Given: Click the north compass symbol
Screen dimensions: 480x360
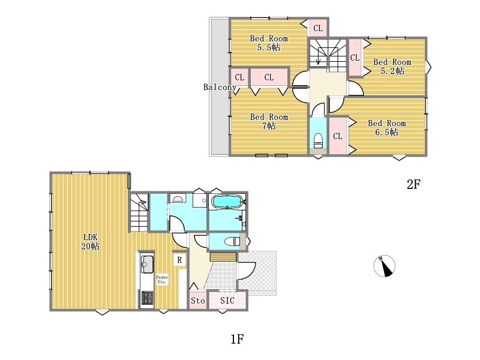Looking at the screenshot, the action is click(384, 266).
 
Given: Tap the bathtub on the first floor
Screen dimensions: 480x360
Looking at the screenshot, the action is click(227, 202).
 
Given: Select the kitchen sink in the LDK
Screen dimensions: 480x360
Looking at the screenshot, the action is click(147, 264).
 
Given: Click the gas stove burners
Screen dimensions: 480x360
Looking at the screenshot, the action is click(147, 298).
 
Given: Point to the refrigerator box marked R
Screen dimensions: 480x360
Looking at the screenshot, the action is click(179, 260).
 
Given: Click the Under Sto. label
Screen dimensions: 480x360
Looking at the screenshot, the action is click(162, 279).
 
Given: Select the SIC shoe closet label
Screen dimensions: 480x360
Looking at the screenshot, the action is click(227, 301).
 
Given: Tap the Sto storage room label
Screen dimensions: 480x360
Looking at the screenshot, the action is click(198, 301).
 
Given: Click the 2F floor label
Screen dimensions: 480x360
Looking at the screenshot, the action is click(413, 184).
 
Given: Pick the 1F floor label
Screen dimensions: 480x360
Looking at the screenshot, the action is click(237, 339).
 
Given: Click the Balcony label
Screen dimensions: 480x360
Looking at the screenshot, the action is click(220, 87).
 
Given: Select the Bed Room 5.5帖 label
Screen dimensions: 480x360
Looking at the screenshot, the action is click(269, 43).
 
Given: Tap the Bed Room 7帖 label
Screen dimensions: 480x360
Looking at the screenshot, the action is click(269, 121).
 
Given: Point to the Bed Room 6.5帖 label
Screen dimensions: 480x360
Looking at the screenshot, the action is click(386, 128).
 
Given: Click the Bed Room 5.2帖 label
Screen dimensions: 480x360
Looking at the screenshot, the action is click(392, 67).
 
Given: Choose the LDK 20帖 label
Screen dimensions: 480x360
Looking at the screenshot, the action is click(91, 242).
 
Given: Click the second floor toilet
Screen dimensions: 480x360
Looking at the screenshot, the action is click(318, 140).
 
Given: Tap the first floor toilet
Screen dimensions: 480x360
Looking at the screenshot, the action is click(232, 242).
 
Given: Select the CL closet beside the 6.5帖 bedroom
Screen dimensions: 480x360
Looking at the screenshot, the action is click(338, 136).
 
